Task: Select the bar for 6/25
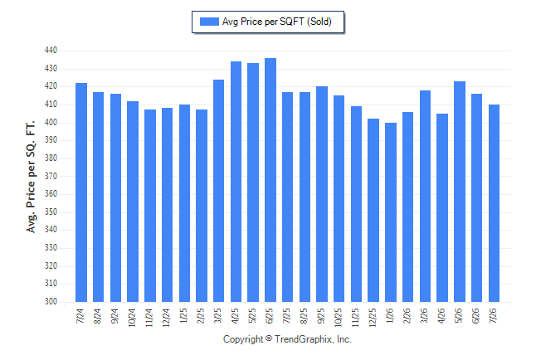click(270, 180)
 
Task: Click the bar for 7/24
click(81, 192)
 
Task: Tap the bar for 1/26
click(391, 212)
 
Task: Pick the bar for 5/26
click(460, 192)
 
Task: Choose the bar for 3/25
click(219, 191)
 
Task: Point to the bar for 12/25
click(373, 210)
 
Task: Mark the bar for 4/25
click(236, 182)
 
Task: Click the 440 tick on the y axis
click(51, 51)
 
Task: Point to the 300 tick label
click(51, 302)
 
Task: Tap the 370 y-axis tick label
click(51, 176)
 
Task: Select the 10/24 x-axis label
click(132, 318)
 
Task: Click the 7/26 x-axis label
click(494, 315)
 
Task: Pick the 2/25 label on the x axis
click(201, 315)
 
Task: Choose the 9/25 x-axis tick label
click(321, 315)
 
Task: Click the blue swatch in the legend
click(209, 22)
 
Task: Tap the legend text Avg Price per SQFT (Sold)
click(277, 22)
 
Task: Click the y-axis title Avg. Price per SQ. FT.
click(31, 177)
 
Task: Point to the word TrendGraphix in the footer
click(304, 339)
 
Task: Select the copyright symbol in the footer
click(269, 338)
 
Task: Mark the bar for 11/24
click(150, 206)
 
